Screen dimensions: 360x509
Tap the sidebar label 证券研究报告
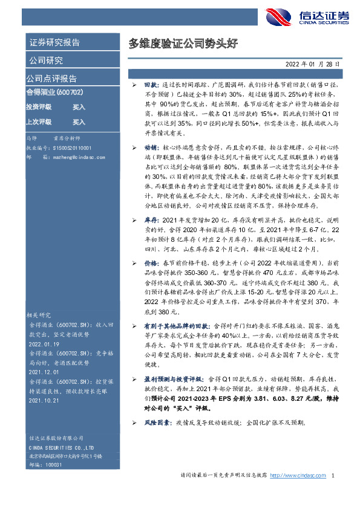[x=55, y=43]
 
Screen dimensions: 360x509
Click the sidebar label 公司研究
[x=45, y=60]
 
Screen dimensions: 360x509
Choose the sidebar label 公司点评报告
[x=51, y=79]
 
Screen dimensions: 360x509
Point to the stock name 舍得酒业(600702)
[x=54, y=92]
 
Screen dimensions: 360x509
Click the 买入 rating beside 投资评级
[x=79, y=107]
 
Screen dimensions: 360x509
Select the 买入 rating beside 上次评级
[x=79, y=122]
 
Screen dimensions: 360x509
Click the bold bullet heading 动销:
[x=151, y=147]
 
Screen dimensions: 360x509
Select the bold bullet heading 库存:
[x=151, y=222]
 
